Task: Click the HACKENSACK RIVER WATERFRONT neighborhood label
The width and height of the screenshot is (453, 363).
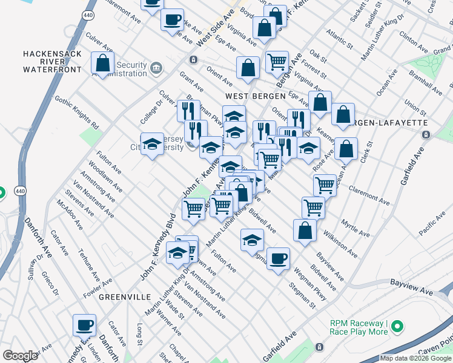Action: (x=51, y=62)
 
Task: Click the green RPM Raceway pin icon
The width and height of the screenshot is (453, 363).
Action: (x=397, y=327)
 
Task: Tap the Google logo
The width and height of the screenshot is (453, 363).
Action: (x=19, y=356)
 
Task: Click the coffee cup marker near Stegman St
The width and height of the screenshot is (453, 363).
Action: (x=278, y=259)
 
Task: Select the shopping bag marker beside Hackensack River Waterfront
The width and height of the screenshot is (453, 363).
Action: (x=103, y=63)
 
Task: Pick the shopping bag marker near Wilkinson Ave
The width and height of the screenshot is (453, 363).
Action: (x=305, y=230)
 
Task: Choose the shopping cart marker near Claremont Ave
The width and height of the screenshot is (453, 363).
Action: (x=325, y=185)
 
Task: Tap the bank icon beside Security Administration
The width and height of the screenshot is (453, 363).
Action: (x=156, y=66)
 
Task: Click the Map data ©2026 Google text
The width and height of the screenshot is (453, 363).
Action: (x=415, y=358)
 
